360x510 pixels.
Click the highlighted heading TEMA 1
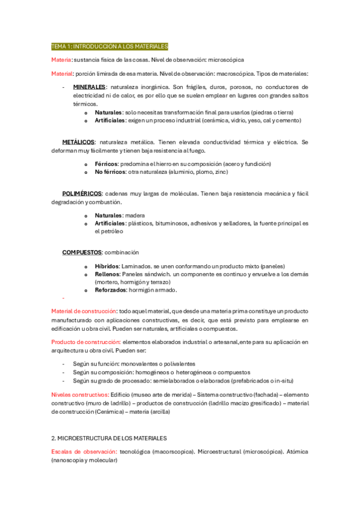[110, 46]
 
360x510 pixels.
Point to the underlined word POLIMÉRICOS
[82, 194]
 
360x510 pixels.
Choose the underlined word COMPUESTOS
[81, 252]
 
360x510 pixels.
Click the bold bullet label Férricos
[106, 164]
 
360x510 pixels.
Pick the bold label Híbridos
[107, 266]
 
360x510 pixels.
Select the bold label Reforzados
[111, 290]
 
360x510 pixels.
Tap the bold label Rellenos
[107, 274]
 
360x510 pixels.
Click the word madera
[135, 215]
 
